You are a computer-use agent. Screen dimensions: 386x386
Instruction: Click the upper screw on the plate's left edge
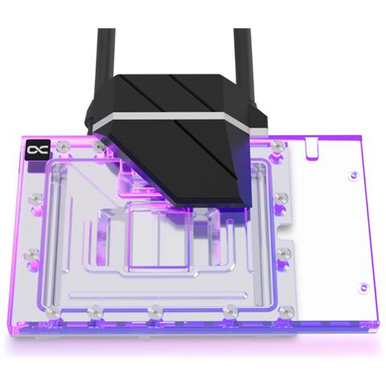point(33,197)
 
